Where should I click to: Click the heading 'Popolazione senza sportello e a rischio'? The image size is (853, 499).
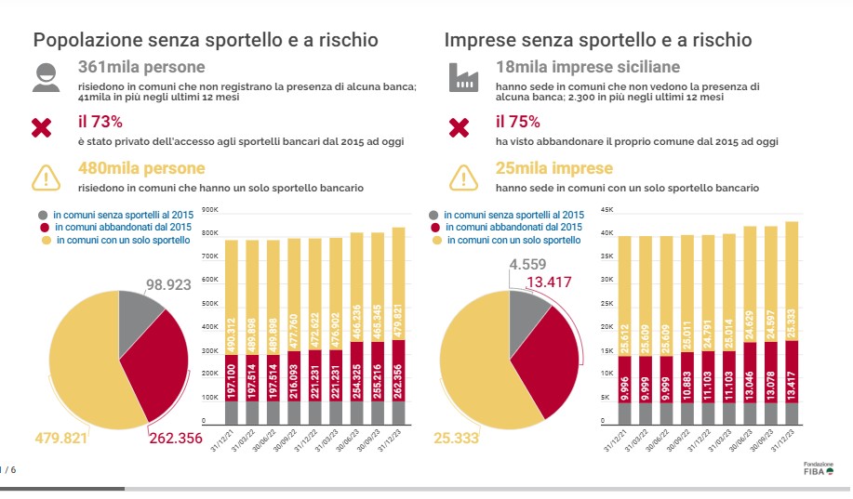pos(206,40)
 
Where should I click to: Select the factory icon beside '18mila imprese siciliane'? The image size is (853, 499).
pos(461,77)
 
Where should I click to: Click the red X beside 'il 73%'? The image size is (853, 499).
pos(42,128)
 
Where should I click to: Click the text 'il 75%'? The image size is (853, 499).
pos(517,121)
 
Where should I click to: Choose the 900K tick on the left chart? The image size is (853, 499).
pos(209,210)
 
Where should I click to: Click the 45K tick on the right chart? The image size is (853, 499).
pos(607,209)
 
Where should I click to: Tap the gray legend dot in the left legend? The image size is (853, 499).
pos(43,214)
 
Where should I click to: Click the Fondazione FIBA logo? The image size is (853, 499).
pos(819,467)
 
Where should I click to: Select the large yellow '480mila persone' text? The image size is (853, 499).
pos(142,169)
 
